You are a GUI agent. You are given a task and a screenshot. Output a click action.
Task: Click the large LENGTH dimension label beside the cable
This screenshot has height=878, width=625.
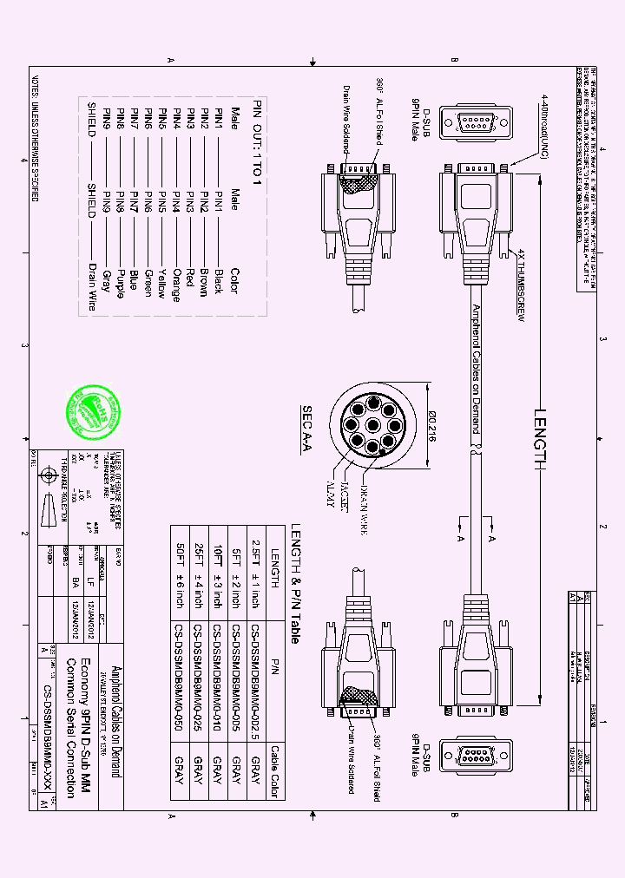click(x=540, y=438)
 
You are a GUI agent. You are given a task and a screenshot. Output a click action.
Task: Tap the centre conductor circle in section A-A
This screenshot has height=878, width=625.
click(x=372, y=425)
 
